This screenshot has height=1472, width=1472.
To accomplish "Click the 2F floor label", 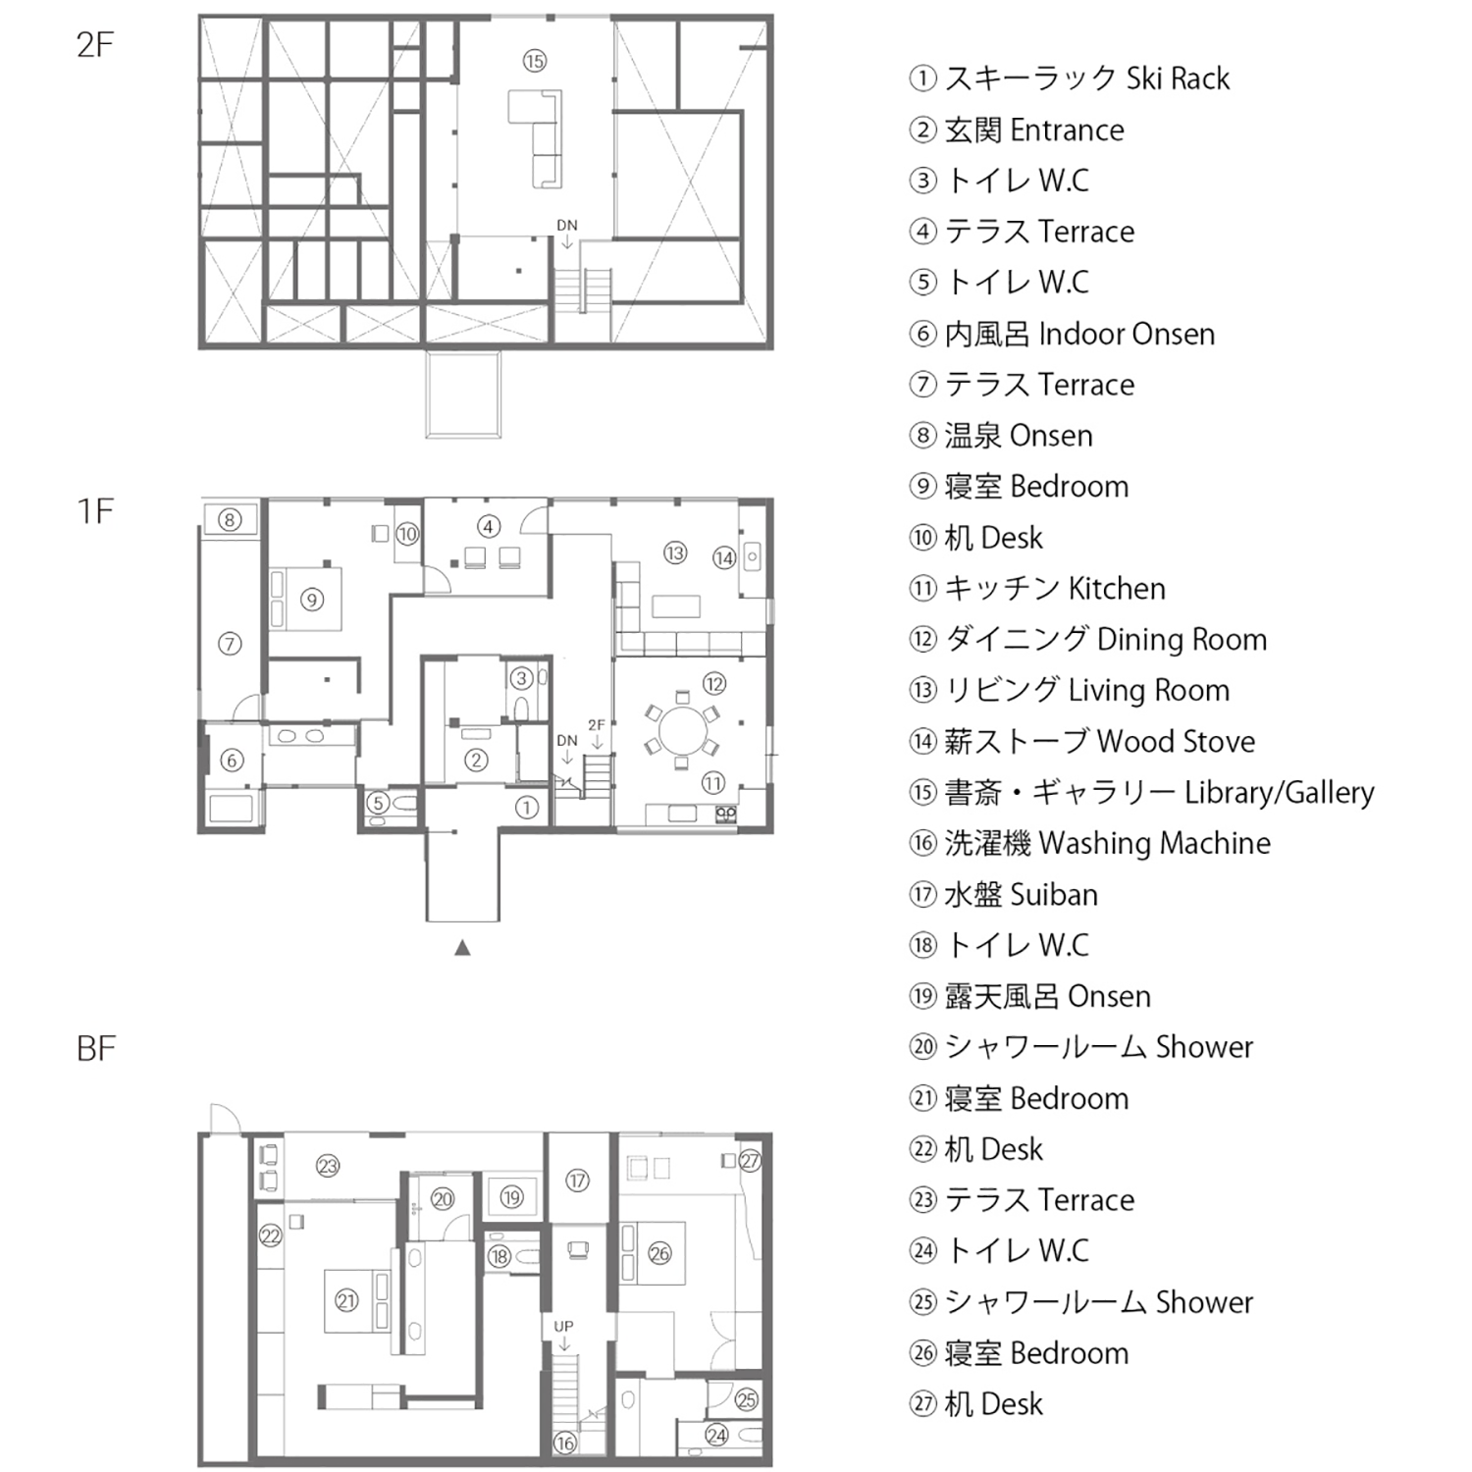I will click(x=95, y=45).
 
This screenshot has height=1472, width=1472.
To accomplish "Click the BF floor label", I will click(x=96, y=1049).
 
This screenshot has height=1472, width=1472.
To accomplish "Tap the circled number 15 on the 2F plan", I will click(x=534, y=62).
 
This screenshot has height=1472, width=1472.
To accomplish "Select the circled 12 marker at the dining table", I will click(x=713, y=684).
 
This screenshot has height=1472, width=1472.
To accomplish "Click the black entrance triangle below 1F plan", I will click(x=462, y=948).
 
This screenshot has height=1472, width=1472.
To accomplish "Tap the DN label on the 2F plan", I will click(x=567, y=226).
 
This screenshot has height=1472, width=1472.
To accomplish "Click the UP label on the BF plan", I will click(x=563, y=1326).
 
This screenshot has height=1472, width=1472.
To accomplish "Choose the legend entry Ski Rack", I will click(x=1070, y=79).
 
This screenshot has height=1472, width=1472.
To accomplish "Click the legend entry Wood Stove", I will click(x=1082, y=742).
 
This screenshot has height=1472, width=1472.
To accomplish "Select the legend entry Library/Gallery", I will click(x=1142, y=793).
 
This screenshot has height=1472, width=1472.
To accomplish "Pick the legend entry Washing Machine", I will click(x=1090, y=844).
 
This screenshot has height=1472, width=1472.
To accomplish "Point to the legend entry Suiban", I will click(x=1004, y=895).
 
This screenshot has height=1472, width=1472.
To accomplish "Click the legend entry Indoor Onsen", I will click(x=1063, y=334).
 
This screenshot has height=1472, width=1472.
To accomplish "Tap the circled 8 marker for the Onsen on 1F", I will click(x=230, y=519).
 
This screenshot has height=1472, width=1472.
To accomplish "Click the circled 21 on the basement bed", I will click(x=346, y=1301).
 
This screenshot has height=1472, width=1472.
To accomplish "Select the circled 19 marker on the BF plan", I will click(x=511, y=1197).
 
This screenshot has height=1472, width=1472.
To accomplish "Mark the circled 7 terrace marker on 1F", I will click(x=230, y=644).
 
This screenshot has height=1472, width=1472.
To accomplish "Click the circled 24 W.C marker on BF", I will click(x=717, y=1436).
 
